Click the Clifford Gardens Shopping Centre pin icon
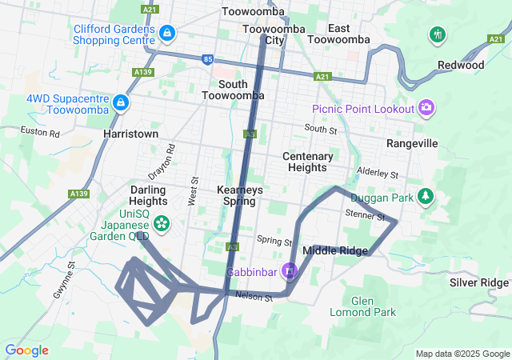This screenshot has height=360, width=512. (168, 34)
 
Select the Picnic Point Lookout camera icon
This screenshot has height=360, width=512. (426, 108)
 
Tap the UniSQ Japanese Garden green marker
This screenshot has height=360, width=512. (162, 223)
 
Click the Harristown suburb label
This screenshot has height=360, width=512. (130, 134)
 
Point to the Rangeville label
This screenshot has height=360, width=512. (412, 143)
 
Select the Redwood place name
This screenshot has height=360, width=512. (461, 65)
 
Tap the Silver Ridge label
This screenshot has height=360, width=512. (478, 282)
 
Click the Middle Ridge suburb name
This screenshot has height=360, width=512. (335, 250)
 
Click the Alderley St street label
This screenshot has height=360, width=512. (377, 173)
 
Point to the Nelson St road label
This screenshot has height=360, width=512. (254, 297)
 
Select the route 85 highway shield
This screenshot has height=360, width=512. (208, 59)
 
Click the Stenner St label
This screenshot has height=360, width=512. (365, 214)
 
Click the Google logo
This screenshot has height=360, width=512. (26, 350)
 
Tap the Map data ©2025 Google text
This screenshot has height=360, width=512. (462, 354)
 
